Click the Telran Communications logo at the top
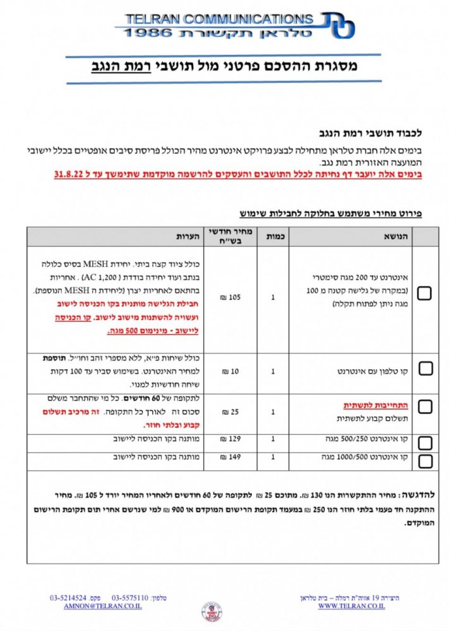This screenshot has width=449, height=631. [235, 25]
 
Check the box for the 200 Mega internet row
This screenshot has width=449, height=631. [425, 293]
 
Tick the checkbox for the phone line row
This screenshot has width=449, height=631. [425, 369]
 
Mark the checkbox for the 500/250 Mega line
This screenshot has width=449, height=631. [425, 442]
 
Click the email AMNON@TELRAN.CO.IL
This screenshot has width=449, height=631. [103, 606]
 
